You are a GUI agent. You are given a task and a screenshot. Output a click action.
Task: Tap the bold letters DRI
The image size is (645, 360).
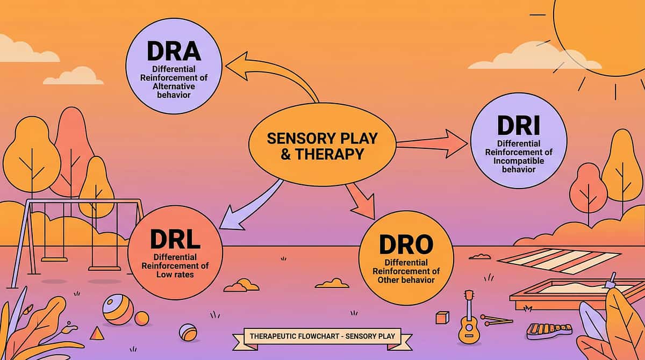click(x=518, y=125)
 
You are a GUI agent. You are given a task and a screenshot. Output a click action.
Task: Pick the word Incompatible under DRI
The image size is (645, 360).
click(x=518, y=161)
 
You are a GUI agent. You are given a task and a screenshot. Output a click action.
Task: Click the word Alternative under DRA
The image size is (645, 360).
click(x=174, y=86)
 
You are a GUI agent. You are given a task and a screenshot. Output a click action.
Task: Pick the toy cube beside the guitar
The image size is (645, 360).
click(x=442, y=318)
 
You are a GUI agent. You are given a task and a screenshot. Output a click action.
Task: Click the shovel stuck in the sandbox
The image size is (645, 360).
click(x=611, y=280)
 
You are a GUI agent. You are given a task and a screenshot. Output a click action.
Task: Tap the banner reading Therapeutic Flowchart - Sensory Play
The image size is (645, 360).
click(x=322, y=337)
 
